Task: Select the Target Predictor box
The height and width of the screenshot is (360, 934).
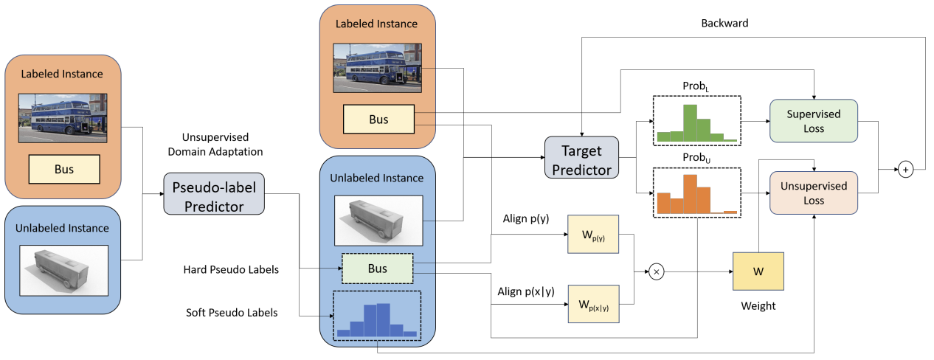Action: [x=581, y=158]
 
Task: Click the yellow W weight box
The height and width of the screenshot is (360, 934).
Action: [x=758, y=271]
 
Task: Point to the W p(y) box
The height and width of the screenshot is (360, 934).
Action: [x=593, y=235]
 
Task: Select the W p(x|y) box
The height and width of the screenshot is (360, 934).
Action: [x=593, y=305]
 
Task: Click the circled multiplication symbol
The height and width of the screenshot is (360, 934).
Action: [x=657, y=271]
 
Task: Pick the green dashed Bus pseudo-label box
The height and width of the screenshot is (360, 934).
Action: [x=377, y=269]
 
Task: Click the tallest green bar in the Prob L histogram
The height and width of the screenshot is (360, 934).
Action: [x=690, y=122]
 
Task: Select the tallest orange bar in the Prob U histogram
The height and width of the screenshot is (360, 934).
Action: [x=690, y=193]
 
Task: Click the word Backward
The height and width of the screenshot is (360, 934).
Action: [x=724, y=24]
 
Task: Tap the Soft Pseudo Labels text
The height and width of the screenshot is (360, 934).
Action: [x=232, y=313]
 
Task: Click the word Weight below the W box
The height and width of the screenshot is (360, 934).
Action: [x=758, y=305]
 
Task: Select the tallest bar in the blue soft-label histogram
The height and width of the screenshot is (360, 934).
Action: [x=382, y=319]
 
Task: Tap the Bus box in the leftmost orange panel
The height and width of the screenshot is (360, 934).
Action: [x=63, y=169]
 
